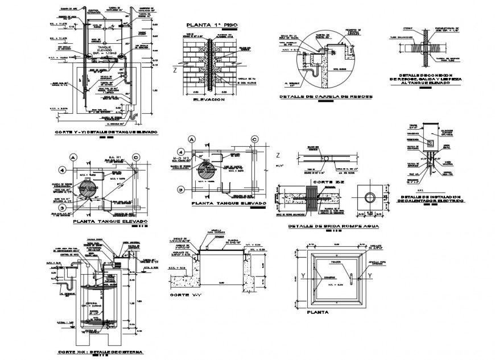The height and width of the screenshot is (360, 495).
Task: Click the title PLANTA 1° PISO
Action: pyautogui.click(x=211, y=26)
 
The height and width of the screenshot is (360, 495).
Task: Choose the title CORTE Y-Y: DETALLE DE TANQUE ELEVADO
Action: pyautogui.click(x=105, y=131)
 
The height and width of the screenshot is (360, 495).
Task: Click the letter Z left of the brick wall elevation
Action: pyautogui.click(x=175, y=71)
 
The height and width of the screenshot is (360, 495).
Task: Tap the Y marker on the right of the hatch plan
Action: pyautogui.click(x=370, y=276)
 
